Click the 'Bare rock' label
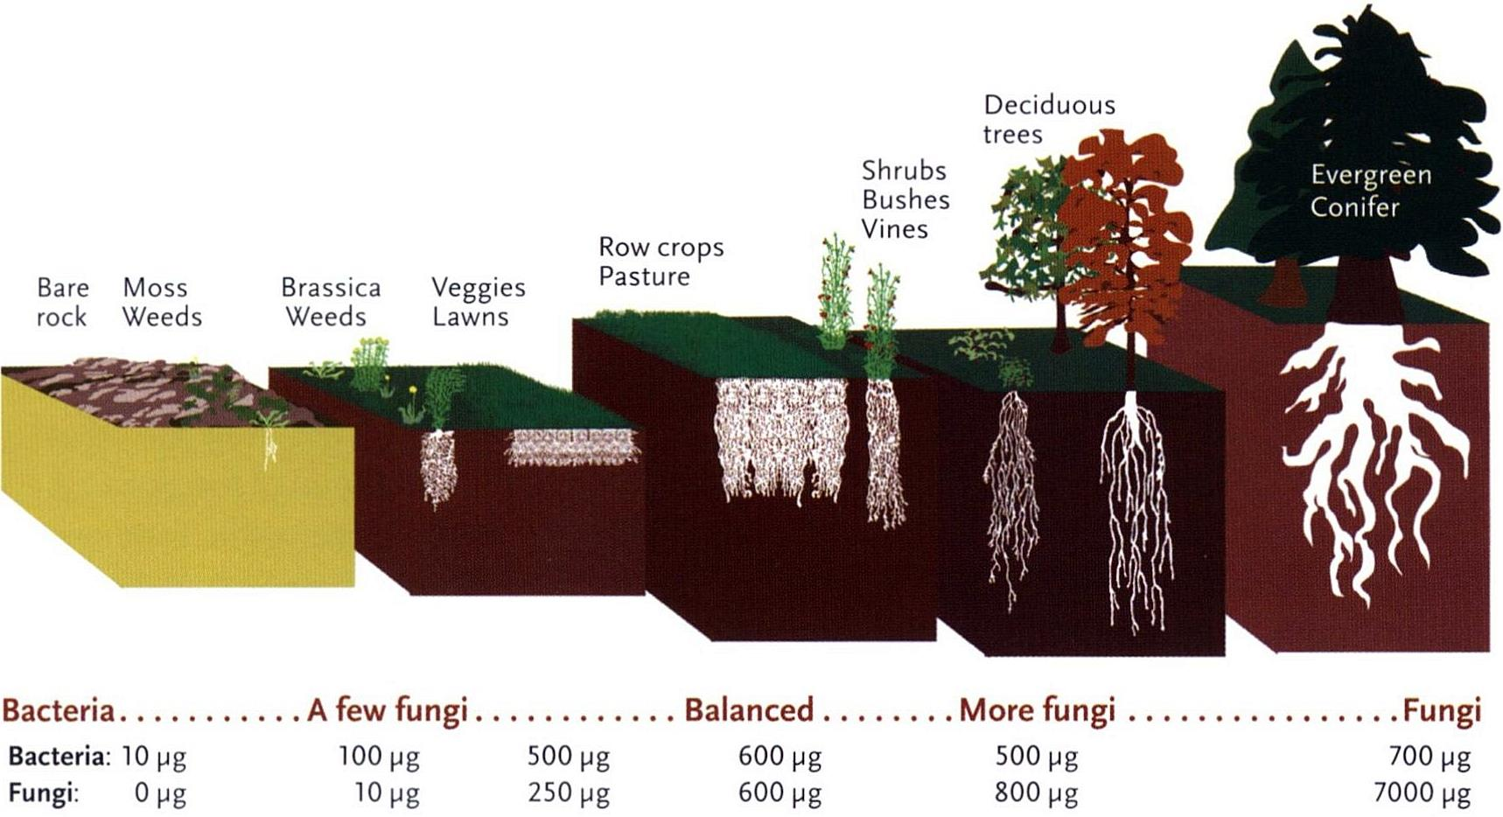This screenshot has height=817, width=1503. (62, 302)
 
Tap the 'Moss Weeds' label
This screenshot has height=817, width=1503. (162, 302)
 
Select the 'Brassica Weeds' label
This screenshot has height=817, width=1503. (330, 302)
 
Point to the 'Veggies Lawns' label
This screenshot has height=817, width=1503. (478, 302)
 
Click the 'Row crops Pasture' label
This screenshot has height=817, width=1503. (661, 262)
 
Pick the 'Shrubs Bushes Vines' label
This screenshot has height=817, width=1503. (905, 199)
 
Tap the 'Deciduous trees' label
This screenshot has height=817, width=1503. (1048, 119)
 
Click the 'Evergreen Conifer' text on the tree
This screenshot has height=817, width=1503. (1370, 191)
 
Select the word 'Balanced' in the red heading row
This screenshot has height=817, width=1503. (748, 709)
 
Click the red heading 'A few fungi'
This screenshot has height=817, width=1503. (388, 709)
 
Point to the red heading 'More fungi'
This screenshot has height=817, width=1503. (1037, 709)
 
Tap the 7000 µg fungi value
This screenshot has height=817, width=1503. (1422, 793)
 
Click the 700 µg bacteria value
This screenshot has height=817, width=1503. (1429, 755)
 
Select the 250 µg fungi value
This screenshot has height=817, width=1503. (568, 793)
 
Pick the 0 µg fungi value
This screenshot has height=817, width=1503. (160, 793)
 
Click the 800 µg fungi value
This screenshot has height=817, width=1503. (1036, 793)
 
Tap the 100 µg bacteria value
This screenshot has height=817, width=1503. (379, 755)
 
